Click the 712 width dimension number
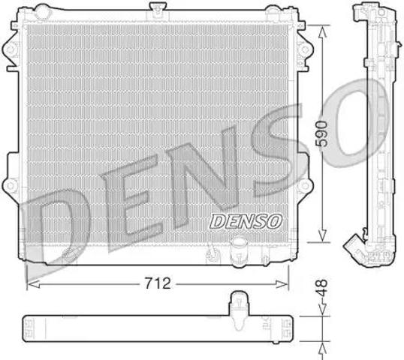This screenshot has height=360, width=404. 160,284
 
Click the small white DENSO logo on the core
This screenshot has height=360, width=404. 245,220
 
